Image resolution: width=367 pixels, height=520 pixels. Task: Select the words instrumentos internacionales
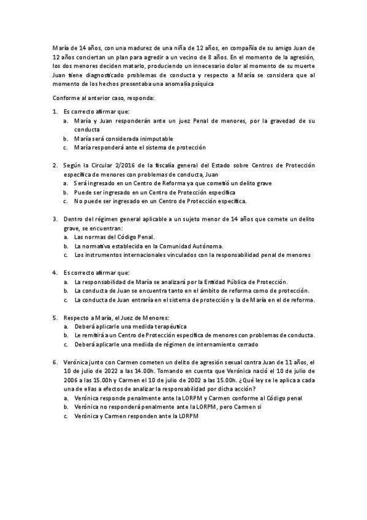coord(124,254)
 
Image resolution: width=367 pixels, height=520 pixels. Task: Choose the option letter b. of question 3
coord(65,245)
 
